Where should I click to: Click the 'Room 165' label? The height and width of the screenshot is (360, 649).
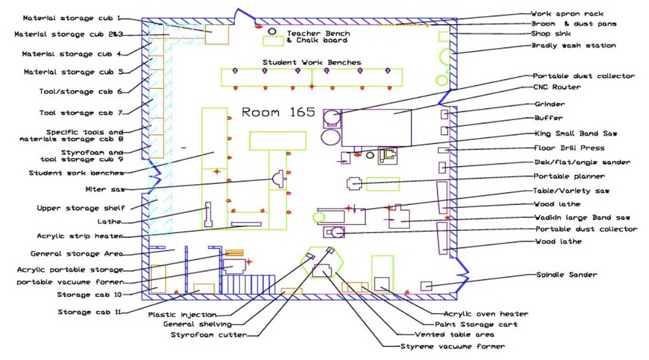pos(278,112)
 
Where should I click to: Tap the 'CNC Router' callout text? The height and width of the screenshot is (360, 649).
pos(557,88)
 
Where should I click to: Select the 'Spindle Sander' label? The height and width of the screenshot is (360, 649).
pos(567,275)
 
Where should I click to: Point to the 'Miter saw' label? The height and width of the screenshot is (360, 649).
pos(105,189)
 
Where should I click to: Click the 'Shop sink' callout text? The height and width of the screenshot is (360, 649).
pos(551,34)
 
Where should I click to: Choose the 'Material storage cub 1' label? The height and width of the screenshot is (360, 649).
pos(71,18)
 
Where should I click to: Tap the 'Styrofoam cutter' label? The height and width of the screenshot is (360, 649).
pos(208,335)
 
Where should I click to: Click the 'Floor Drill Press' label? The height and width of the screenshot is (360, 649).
pos(569,148)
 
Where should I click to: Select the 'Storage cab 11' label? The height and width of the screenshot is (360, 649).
pos(90,312)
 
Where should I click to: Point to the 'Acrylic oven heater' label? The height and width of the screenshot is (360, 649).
pos(486,314)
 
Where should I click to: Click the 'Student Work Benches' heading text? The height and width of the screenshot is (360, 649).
pos(312,62)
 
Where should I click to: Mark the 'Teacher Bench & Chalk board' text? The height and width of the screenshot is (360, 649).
pos(318,37)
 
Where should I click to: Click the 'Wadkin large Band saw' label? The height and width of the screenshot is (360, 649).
pos(582,218)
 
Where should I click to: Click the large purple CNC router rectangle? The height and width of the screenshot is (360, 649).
pos(376,128)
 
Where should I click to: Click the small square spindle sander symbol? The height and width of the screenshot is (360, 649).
pos(426,286)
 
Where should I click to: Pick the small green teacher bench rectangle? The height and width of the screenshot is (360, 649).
pos(273,42)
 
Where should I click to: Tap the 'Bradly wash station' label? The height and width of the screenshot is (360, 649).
pos(574,45)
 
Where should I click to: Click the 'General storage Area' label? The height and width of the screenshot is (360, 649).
pos(77,254)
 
